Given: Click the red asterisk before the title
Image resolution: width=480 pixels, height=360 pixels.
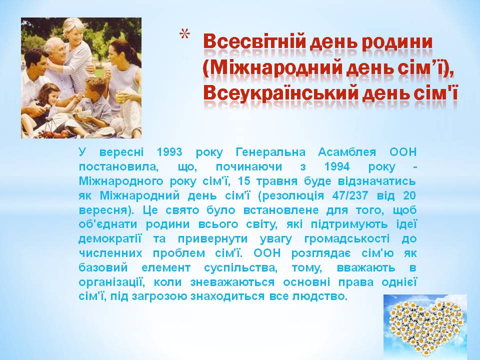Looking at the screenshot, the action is [184, 34].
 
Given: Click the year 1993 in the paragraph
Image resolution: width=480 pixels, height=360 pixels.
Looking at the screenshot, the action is [169, 152].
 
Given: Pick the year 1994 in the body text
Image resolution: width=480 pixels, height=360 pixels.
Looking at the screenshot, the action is [336, 166].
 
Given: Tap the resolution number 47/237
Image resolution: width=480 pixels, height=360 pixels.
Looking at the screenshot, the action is [350, 195].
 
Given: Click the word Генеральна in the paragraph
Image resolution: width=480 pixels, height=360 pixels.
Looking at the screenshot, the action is [270, 152].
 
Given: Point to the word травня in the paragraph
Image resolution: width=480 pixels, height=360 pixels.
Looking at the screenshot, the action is [276, 181].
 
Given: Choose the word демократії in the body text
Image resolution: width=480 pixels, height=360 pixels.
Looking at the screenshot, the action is [110, 239].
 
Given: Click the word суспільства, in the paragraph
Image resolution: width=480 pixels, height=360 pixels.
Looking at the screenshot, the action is [240, 268].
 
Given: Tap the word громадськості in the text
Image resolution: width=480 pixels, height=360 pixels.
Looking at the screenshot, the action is [347, 239].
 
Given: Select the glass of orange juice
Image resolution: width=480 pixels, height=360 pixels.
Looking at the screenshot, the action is [120, 95].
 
